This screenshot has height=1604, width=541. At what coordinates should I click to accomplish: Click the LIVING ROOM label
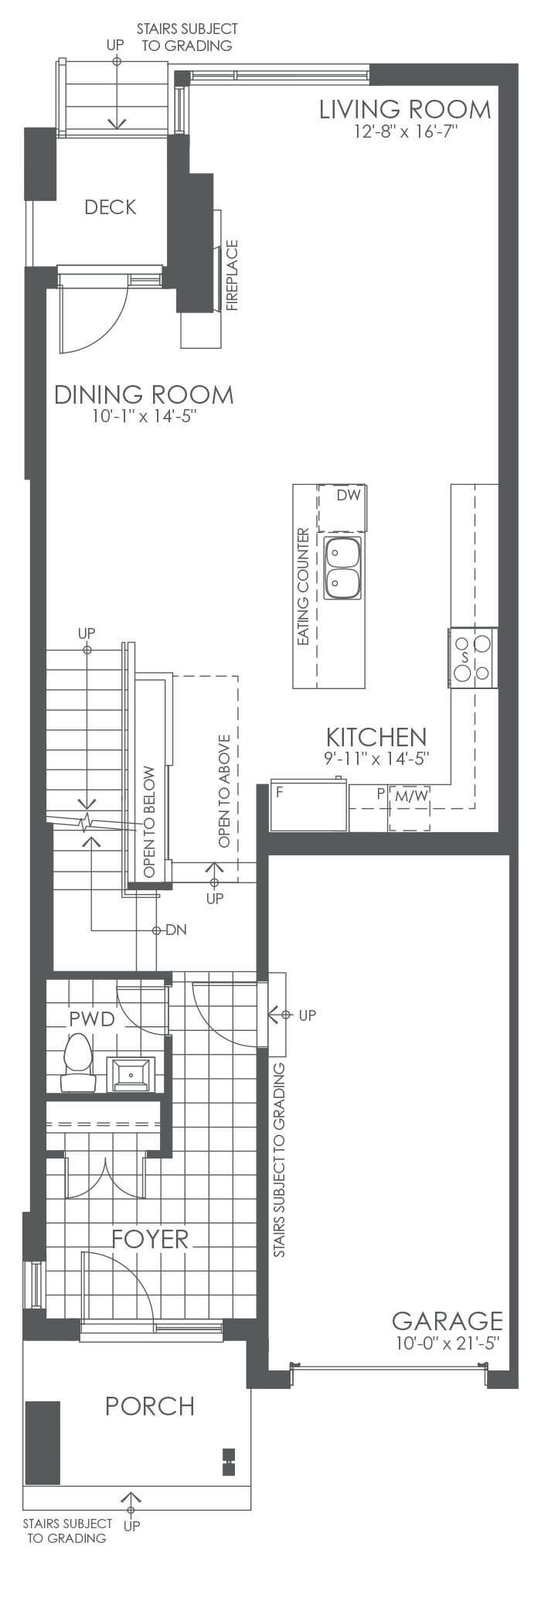coord(405,110)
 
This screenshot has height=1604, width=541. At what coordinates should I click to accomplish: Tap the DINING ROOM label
coord(144,394)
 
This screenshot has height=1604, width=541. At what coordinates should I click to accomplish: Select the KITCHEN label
coord(376,737)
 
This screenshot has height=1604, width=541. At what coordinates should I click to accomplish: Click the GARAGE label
coord(447,1320)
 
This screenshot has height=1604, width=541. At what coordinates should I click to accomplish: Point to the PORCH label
coord(150,1406)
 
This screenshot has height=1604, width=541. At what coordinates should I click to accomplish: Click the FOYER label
coord(150,1239)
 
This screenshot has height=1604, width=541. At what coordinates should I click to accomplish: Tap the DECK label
coord(111,207)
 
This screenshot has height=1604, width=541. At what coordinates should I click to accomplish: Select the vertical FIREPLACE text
coord(232,275)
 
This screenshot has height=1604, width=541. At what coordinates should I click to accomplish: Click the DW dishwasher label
coord(349,496)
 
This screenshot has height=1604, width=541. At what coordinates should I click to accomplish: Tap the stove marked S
coord(472,657)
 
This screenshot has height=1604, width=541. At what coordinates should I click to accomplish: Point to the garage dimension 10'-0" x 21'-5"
coord(447,1343)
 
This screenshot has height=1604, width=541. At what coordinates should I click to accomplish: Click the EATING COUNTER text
coord(303,588)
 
